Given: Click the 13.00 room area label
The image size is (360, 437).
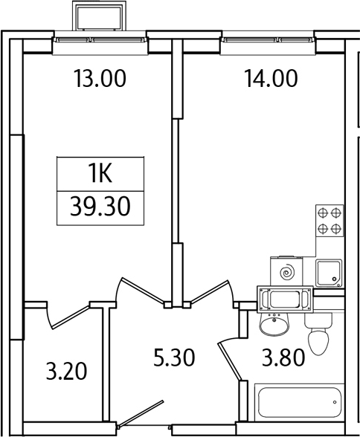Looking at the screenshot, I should [x=99, y=78].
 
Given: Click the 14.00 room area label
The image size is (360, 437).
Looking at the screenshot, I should [x=270, y=78].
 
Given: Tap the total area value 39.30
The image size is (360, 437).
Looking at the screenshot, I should [x=100, y=205].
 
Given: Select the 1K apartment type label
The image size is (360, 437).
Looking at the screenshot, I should [x=100, y=175].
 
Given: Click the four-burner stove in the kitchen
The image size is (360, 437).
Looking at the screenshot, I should [x=330, y=221].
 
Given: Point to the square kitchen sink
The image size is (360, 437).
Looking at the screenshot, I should [x=328, y=272].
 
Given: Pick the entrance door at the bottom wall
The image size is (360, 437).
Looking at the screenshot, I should [x=141, y=416].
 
